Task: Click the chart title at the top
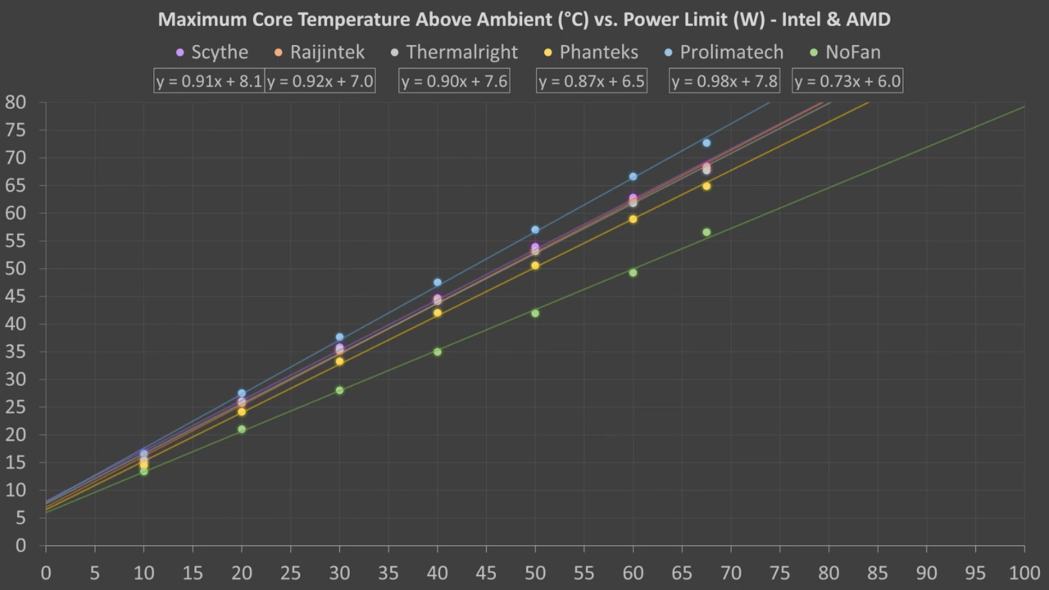point(524,20)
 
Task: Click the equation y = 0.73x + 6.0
point(847,81)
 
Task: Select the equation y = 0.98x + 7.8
point(724,81)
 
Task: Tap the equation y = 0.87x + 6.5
point(592,81)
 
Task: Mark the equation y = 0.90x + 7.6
point(454,81)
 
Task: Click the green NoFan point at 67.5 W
point(706,232)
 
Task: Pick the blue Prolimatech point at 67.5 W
point(706,143)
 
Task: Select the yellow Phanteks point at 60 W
point(633,219)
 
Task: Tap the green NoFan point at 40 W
point(437,352)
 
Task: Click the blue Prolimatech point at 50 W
point(535,230)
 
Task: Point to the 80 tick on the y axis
point(16,102)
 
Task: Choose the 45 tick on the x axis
point(486,573)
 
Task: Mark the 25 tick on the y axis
point(16,407)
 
